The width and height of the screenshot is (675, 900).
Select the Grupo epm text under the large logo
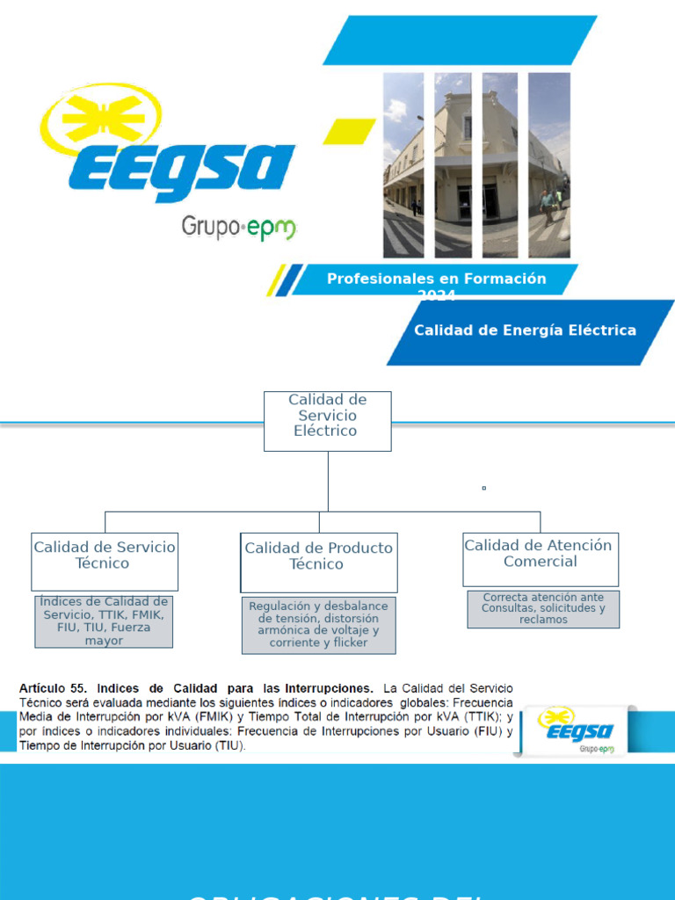(x=238, y=228)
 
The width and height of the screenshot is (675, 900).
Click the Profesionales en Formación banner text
(x=436, y=279)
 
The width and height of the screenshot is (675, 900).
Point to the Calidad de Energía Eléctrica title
(x=525, y=330)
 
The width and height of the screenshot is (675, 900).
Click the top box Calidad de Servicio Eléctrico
(x=327, y=420)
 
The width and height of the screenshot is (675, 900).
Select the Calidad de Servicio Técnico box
(x=104, y=560)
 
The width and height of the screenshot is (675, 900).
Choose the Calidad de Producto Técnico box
(x=318, y=561)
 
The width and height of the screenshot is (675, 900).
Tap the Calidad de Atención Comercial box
(x=540, y=558)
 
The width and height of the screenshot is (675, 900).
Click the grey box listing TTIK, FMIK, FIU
(x=104, y=621)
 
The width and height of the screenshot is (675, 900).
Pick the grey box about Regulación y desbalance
(x=318, y=625)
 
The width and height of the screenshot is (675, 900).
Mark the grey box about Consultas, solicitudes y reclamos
(x=543, y=608)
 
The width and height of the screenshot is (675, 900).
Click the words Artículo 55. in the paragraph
(x=53, y=688)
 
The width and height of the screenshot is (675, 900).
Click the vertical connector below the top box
(x=328, y=481)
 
